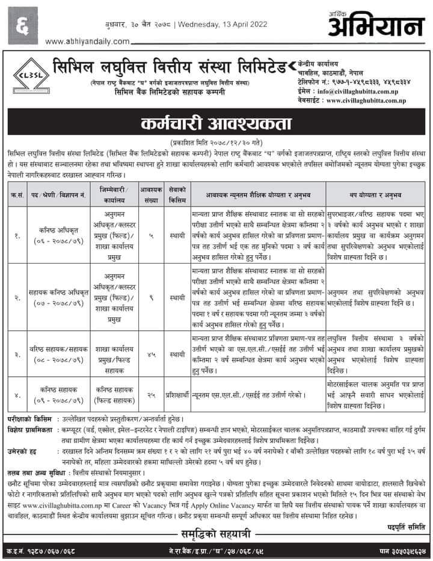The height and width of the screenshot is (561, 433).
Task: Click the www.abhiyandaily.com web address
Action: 87,40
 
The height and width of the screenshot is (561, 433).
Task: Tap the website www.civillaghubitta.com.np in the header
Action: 368,100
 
